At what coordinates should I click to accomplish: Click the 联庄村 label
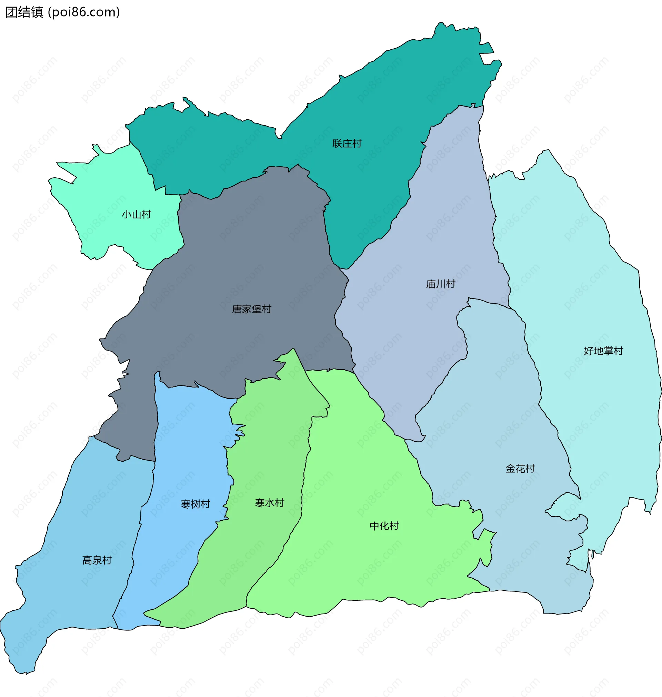coord(347,144)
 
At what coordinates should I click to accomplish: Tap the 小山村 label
coord(137,214)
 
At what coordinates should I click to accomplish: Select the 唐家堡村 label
coord(252,309)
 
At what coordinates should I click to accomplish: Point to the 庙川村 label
coord(441,284)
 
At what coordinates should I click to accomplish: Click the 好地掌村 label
coord(603,351)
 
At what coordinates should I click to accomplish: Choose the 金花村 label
coord(520,469)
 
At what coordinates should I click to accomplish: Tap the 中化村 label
coord(384,526)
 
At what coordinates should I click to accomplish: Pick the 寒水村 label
coord(270,503)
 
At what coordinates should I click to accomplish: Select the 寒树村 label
coord(195,504)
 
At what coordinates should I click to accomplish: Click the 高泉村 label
coord(97,560)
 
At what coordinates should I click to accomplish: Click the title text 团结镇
coord(24,12)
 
